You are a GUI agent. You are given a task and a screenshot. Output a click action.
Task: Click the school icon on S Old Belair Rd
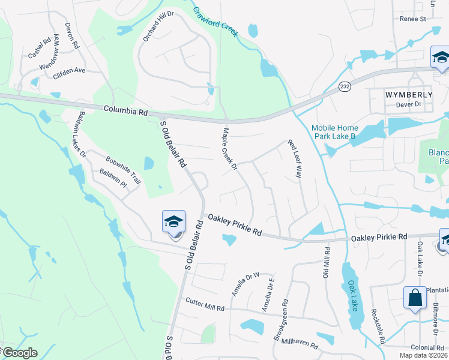tap(173, 222)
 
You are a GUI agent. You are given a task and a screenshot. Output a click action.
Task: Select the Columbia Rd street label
tap(125, 111)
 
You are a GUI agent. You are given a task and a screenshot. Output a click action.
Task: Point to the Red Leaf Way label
tap(294, 159)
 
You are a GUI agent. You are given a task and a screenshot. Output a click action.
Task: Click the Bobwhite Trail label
tap(123, 169)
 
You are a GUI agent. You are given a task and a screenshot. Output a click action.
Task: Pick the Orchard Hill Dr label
tap(158, 26)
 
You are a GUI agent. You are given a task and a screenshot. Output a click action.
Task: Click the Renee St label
tap(412, 19)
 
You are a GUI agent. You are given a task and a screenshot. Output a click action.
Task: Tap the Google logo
tap(20, 353)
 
